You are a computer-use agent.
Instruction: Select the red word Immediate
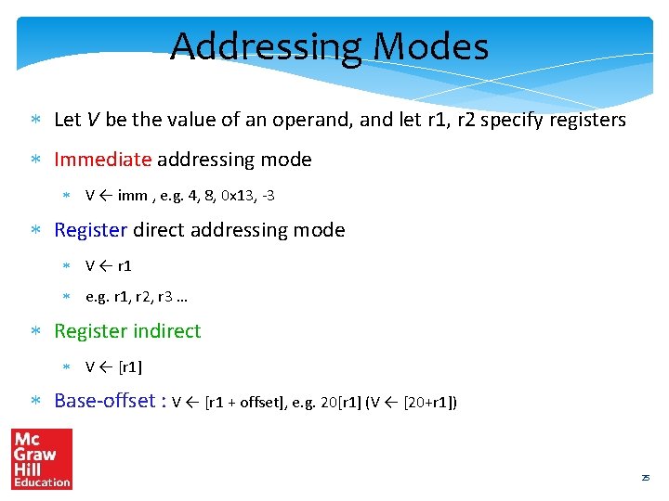click(x=102, y=160)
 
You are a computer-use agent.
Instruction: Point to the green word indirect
click(x=167, y=331)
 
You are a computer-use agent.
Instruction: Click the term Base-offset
click(x=105, y=401)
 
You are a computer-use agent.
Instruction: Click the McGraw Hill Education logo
click(x=41, y=459)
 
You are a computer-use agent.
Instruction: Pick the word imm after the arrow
click(x=132, y=196)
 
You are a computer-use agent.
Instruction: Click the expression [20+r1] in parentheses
click(x=429, y=403)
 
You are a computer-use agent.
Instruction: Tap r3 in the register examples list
click(x=161, y=298)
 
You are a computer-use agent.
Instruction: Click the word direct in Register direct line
click(x=162, y=230)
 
